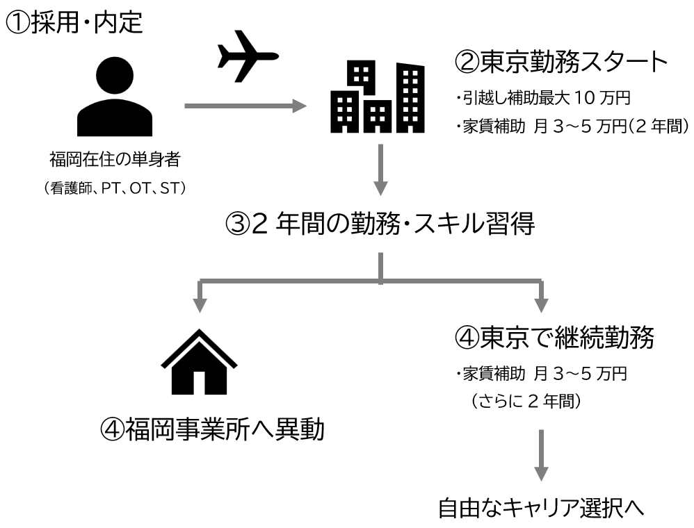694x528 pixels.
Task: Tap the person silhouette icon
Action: pyautogui.click(x=115, y=98)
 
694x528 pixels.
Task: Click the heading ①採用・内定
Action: pyautogui.click(x=75, y=23)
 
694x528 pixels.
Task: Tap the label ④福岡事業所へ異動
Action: pyautogui.click(x=212, y=431)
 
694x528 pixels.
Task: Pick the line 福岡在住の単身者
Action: pyautogui.click(x=115, y=160)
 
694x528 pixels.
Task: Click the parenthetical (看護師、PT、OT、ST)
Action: pyautogui.click(x=115, y=188)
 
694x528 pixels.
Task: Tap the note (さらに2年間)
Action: pyautogui.click(x=525, y=402)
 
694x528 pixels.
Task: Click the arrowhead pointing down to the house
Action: pyautogui.click(x=200, y=304)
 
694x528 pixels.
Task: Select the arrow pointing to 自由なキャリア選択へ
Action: pyautogui.click(x=542, y=455)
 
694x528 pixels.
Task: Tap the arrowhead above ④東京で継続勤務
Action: pyautogui.click(x=542, y=304)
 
